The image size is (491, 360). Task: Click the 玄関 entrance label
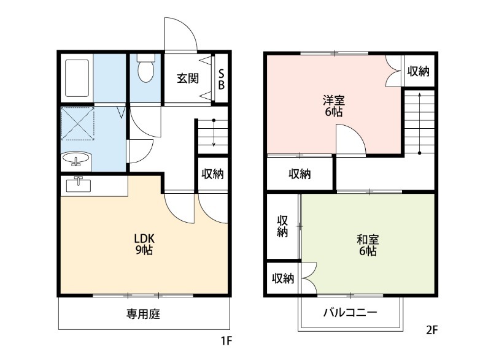tap(187, 79)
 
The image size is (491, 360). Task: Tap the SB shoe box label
tap(222, 79)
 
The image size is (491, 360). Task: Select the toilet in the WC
tap(145, 70)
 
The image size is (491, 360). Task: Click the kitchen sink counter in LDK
tap(79, 185)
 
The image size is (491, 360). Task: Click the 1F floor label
tap(228, 339)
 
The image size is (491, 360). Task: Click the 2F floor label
tap(431, 331)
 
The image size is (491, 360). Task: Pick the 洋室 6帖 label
tap(333, 105)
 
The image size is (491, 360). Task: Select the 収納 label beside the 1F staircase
tap(212, 174)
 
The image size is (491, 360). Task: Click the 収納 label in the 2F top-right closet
tap(419, 72)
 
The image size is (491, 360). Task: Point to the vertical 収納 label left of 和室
tap(282, 226)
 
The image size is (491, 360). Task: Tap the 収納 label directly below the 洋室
tap(300, 174)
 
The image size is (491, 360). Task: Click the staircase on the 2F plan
tap(419, 123)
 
